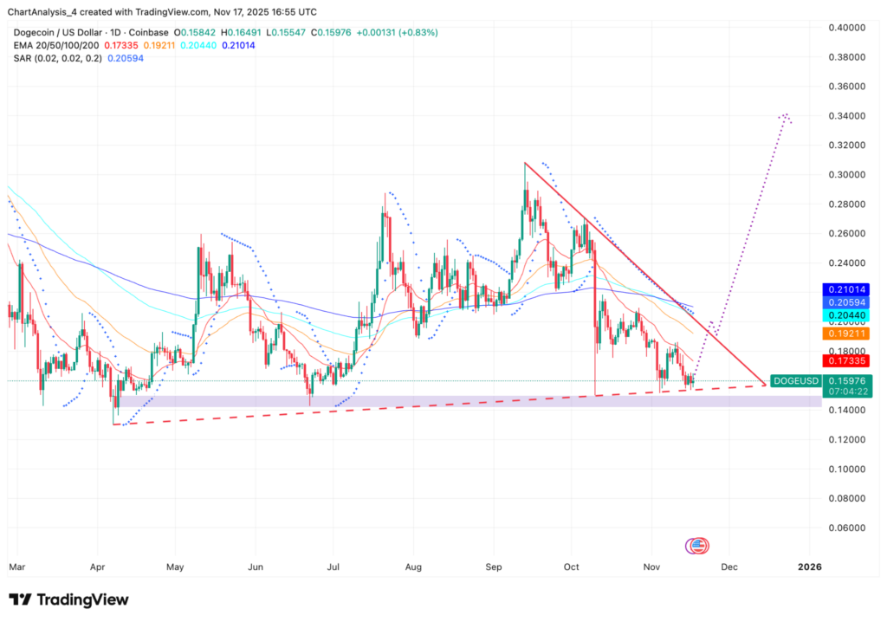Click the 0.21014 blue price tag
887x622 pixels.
tap(845, 289)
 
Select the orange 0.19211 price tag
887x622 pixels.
tap(845, 334)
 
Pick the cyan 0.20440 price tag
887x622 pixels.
tap(845, 316)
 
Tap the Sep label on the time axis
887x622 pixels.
tap(493, 567)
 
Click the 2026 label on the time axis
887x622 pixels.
tap(810, 567)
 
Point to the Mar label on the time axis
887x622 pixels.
tap(17, 567)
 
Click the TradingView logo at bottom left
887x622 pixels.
tap(68, 599)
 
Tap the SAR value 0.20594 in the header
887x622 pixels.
tap(122, 58)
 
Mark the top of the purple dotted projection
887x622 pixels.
tap(785, 114)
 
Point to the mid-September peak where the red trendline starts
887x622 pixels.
tap(525, 163)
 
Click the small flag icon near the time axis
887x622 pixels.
tap(697, 546)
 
